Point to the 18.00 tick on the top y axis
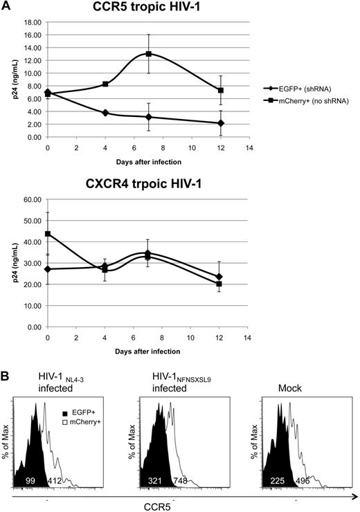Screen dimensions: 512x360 (30, 21)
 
